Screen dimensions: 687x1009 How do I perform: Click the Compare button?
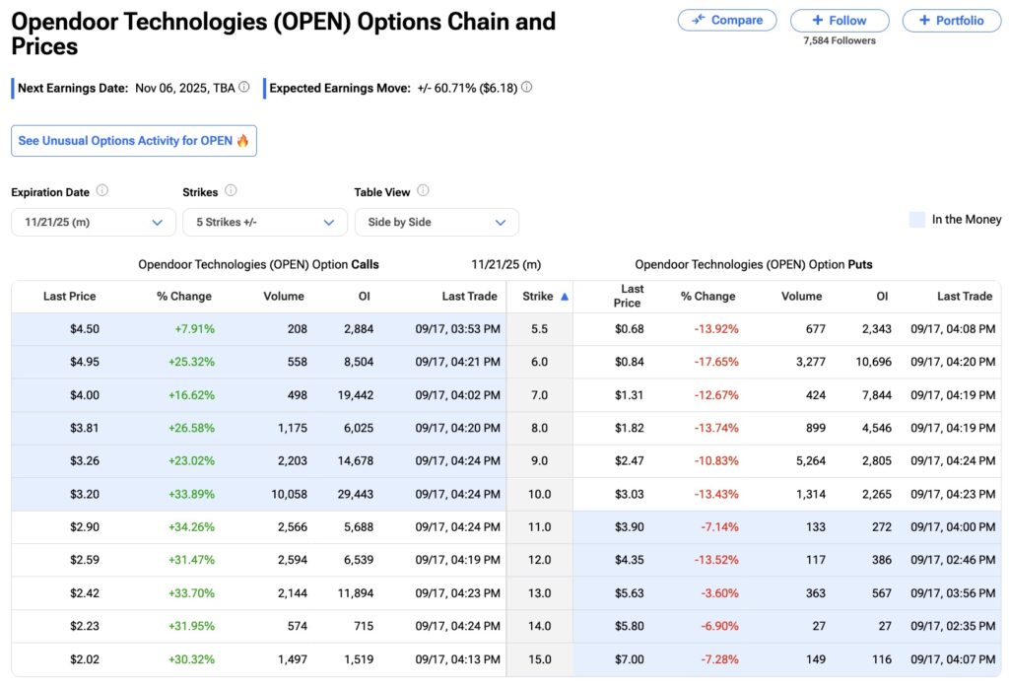(x=727, y=20)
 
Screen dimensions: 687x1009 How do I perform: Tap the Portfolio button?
(x=951, y=20)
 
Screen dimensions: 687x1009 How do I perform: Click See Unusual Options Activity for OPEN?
(x=134, y=141)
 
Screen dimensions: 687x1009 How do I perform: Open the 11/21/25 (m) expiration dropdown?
(x=94, y=222)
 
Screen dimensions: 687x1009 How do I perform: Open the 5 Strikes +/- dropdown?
(x=265, y=222)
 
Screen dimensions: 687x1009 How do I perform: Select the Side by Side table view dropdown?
(x=437, y=222)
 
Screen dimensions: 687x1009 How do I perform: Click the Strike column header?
(x=539, y=296)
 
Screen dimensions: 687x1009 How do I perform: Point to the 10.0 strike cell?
(x=539, y=494)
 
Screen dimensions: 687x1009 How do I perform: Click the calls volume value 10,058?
(x=289, y=494)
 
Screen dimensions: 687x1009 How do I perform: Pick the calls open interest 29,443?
(x=352, y=494)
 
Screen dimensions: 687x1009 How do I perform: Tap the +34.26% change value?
(x=191, y=527)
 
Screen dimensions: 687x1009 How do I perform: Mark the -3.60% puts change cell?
(x=719, y=593)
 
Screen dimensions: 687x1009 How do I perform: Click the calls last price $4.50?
(x=84, y=329)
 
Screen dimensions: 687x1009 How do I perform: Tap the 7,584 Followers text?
(x=839, y=40)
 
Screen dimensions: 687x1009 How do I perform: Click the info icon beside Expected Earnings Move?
(x=526, y=87)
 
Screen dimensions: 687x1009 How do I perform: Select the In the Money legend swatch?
(x=916, y=220)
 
